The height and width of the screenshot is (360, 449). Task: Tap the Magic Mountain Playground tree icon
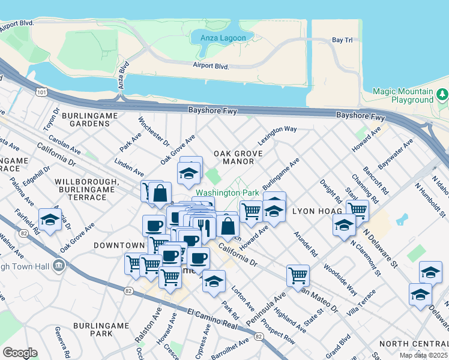(x=442, y=94)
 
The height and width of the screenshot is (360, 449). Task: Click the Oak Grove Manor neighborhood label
(x=238, y=158)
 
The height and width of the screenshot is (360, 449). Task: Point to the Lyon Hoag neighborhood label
(x=317, y=212)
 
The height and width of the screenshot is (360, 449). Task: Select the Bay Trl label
(x=342, y=40)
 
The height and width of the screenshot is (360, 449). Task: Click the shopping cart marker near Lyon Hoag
(x=357, y=210)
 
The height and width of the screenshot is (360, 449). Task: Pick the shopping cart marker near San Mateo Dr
(x=298, y=275)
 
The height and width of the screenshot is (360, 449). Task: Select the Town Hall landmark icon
(x=59, y=265)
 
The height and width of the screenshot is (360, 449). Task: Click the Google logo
(x=20, y=353)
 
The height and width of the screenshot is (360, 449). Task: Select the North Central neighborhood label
(x=414, y=344)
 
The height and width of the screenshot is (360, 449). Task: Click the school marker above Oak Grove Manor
(x=188, y=173)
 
